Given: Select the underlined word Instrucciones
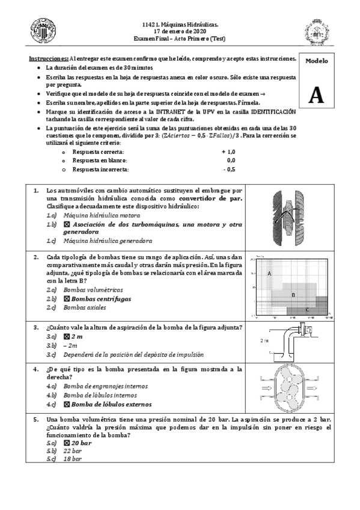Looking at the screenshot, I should (49, 58).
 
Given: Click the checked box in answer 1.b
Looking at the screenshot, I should (67, 224).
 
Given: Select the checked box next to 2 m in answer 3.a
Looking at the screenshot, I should (67, 337).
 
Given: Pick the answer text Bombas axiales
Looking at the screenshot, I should (84, 307).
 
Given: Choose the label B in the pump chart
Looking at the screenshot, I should (293, 295).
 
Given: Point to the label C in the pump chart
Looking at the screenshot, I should (307, 309).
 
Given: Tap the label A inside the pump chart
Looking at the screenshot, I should (269, 274).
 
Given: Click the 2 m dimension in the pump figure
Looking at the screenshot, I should (265, 340).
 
